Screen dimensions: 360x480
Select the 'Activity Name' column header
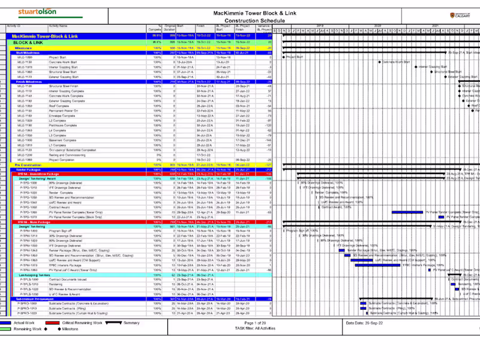pyautogui.click(x=58, y=26)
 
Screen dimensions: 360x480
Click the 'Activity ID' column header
pyautogui.click(x=14, y=26)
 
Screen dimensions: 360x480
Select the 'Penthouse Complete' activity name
pyautogui.click(x=63, y=125)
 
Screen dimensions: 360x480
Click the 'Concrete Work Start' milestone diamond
pyautogui.click(x=379, y=62)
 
